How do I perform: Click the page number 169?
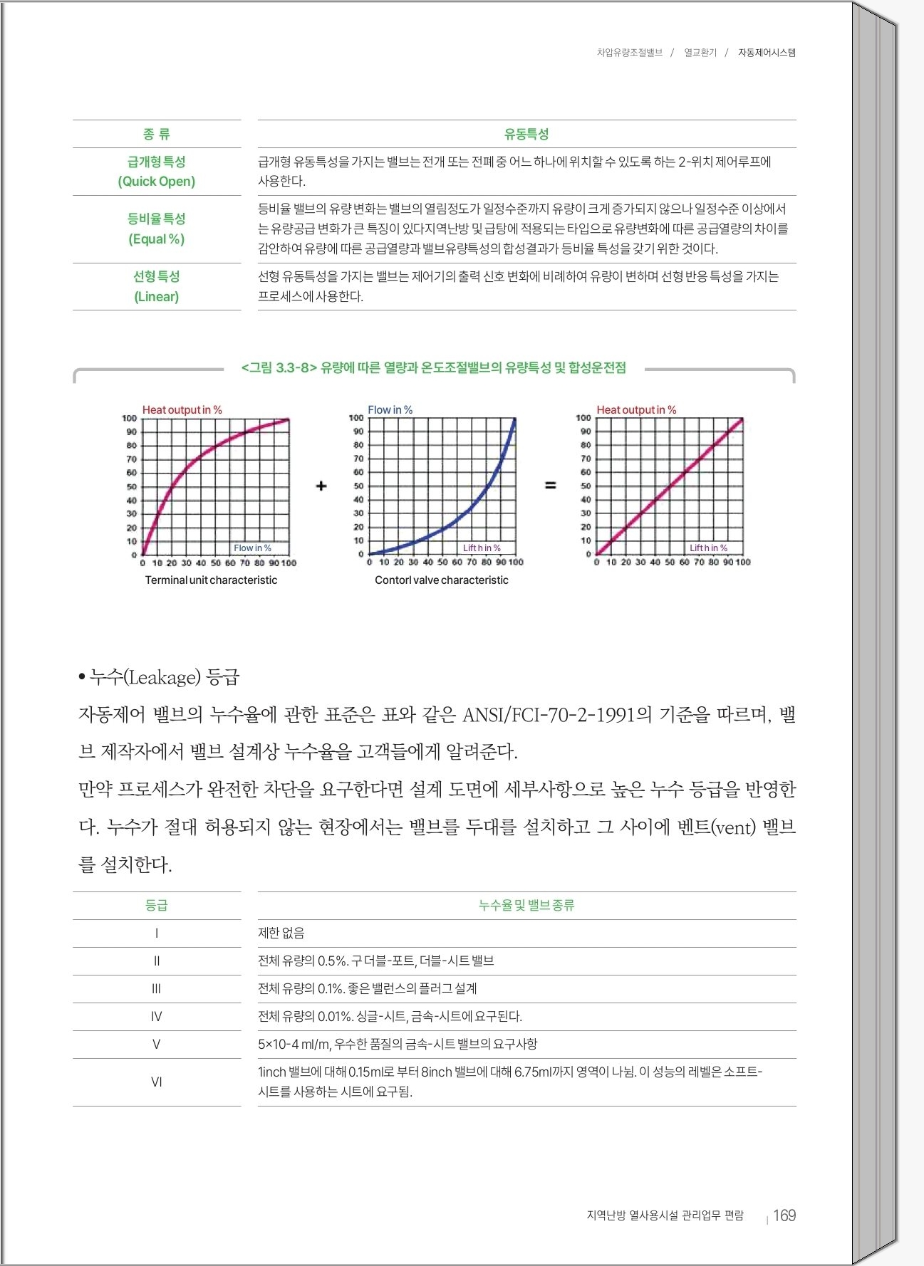pyautogui.click(x=784, y=1215)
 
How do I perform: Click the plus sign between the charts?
pyautogui.click(x=321, y=486)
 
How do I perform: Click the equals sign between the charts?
pyautogui.click(x=550, y=486)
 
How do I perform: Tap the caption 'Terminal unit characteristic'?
pyautogui.click(x=211, y=580)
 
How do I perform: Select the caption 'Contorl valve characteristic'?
pyautogui.click(x=442, y=580)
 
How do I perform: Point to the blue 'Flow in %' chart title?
pyautogui.click(x=390, y=409)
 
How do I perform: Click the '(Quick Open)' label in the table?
pyautogui.click(x=157, y=182)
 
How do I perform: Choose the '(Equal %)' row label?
pyautogui.click(x=157, y=239)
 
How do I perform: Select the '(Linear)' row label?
pyautogui.click(x=157, y=297)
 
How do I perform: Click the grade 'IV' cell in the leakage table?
pyautogui.click(x=157, y=1017)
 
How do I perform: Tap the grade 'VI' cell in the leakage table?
pyautogui.click(x=157, y=1082)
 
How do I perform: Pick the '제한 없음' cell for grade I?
pyautogui.click(x=281, y=933)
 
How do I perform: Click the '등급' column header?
pyautogui.click(x=157, y=905)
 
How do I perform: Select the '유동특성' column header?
pyautogui.click(x=526, y=134)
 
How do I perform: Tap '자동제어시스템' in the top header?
pyautogui.click(x=767, y=53)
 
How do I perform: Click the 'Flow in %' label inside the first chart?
pyautogui.click(x=252, y=548)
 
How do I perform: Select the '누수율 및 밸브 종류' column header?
pyautogui.click(x=526, y=905)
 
